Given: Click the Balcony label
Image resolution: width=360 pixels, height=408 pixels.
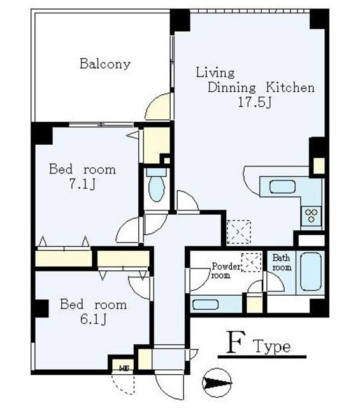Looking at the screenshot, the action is point(105,64).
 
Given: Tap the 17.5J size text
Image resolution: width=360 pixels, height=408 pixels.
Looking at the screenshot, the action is point(255,103).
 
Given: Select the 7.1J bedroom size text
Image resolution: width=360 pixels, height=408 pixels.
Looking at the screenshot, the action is point(82,184).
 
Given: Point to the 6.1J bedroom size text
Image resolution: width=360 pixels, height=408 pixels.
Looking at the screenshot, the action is point(93,319).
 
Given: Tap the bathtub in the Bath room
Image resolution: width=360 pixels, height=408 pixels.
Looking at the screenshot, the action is point(311,272).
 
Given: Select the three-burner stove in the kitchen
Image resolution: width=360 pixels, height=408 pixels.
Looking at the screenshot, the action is point(312,215).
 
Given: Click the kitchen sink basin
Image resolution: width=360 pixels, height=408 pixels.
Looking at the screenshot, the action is point(282,187).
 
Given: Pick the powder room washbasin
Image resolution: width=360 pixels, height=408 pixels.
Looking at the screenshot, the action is point(206,305).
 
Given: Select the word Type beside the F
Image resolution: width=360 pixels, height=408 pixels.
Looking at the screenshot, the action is point(272,347).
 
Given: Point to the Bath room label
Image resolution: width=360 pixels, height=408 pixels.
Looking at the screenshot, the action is point(282,263).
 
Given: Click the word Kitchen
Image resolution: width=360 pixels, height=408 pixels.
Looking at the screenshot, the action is point(290,87).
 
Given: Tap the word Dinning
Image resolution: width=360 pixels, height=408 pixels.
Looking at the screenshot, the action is point(231,88).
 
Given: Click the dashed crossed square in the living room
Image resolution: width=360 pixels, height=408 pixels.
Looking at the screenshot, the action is point(239,232).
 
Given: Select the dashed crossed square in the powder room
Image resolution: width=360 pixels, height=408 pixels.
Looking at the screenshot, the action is point(251,262).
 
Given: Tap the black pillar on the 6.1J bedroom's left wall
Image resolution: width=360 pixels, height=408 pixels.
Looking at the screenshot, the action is point(41,309).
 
